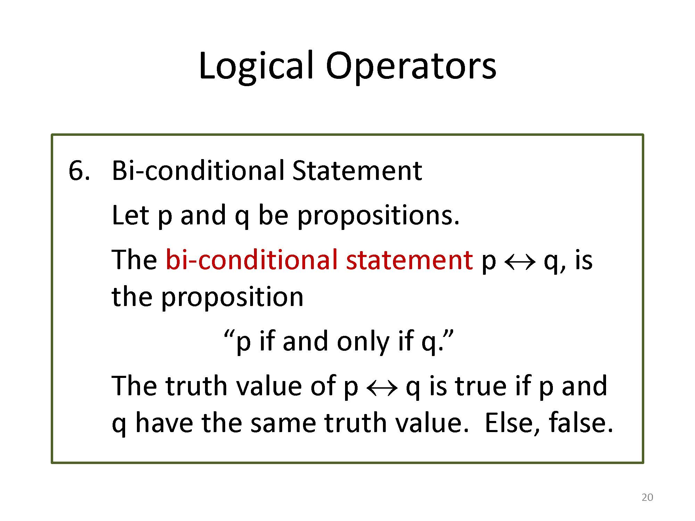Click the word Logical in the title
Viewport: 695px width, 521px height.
click(256, 67)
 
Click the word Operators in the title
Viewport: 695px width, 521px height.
click(411, 67)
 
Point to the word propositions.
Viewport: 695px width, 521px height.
click(379, 216)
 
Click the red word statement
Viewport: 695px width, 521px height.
click(409, 260)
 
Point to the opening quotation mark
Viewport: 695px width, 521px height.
click(228, 336)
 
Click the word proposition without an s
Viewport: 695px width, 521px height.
click(232, 298)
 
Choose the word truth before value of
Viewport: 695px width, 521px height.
click(196, 386)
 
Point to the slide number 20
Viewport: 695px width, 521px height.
click(647, 498)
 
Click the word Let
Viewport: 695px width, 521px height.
click(131, 215)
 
